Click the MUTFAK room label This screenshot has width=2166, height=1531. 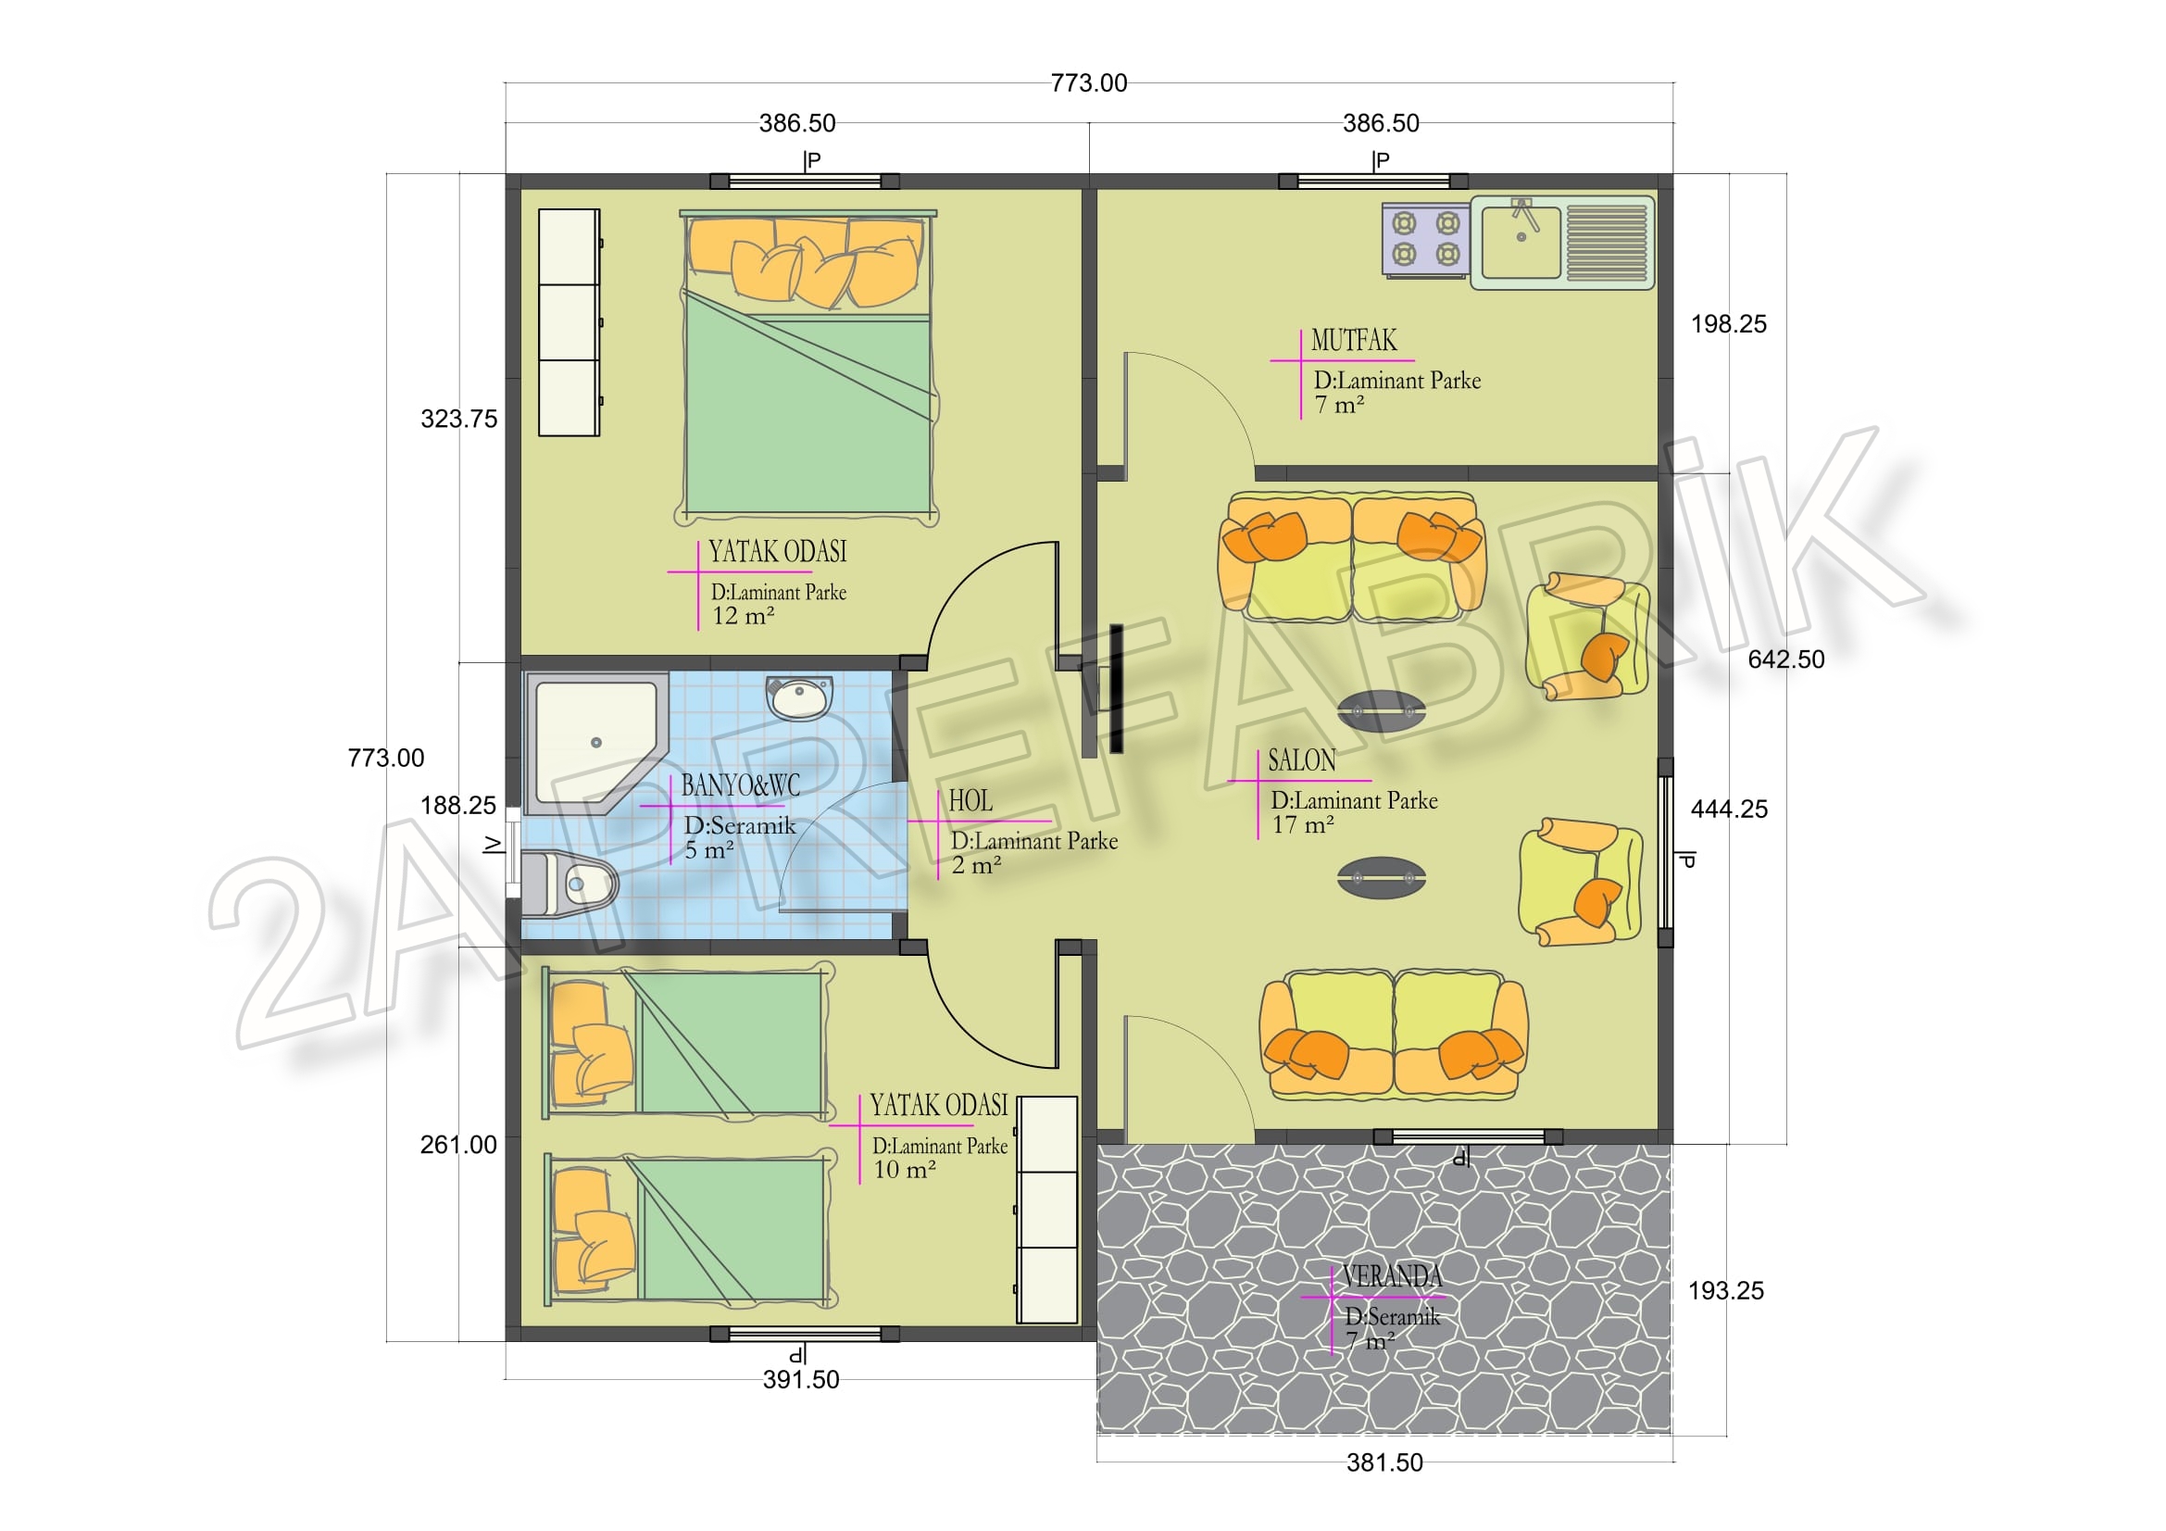pyautogui.click(x=1354, y=341)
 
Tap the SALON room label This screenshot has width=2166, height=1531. pyautogui.click(x=1302, y=760)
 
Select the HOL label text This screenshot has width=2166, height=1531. pyautogui.click(x=970, y=801)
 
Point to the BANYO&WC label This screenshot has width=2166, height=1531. pyautogui.click(x=741, y=784)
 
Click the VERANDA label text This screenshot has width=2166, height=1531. pyautogui.click(x=1393, y=1276)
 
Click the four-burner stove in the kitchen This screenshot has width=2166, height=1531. pyautogui.click(x=1425, y=240)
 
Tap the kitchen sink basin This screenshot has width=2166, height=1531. pyautogui.click(x=1521, y=243)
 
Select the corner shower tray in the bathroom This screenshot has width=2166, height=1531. pyautogui.click(x=596, y=744)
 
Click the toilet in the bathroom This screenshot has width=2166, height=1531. pyautogui.click(x=569, y=883)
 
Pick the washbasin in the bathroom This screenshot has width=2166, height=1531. pyautogui.click(x=799, y=697)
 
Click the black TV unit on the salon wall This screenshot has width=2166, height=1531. pyautogui.click(x=1117, y=687)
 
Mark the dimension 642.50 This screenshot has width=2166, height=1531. pyautogui.click(x=1785, y=659)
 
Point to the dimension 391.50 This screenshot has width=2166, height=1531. pyautogui.click(x=801, y=1379)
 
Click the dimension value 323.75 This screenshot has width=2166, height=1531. pyautogui.click(x=458, y=419)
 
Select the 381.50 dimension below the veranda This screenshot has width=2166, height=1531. pyautogui.click(x=1383, y=1462)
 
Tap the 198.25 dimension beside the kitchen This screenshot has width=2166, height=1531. pyautogui.click(x=1728, y=324)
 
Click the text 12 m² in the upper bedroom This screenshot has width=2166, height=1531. pyautogui.click(x=744, y=616)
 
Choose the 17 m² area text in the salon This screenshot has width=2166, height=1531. pyautogui.click(x=1303, y=824)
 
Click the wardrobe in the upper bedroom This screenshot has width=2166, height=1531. pyautogui.click(x=569, y=322)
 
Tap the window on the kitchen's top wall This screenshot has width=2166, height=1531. pyautogui.click(x=1372, y=182)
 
